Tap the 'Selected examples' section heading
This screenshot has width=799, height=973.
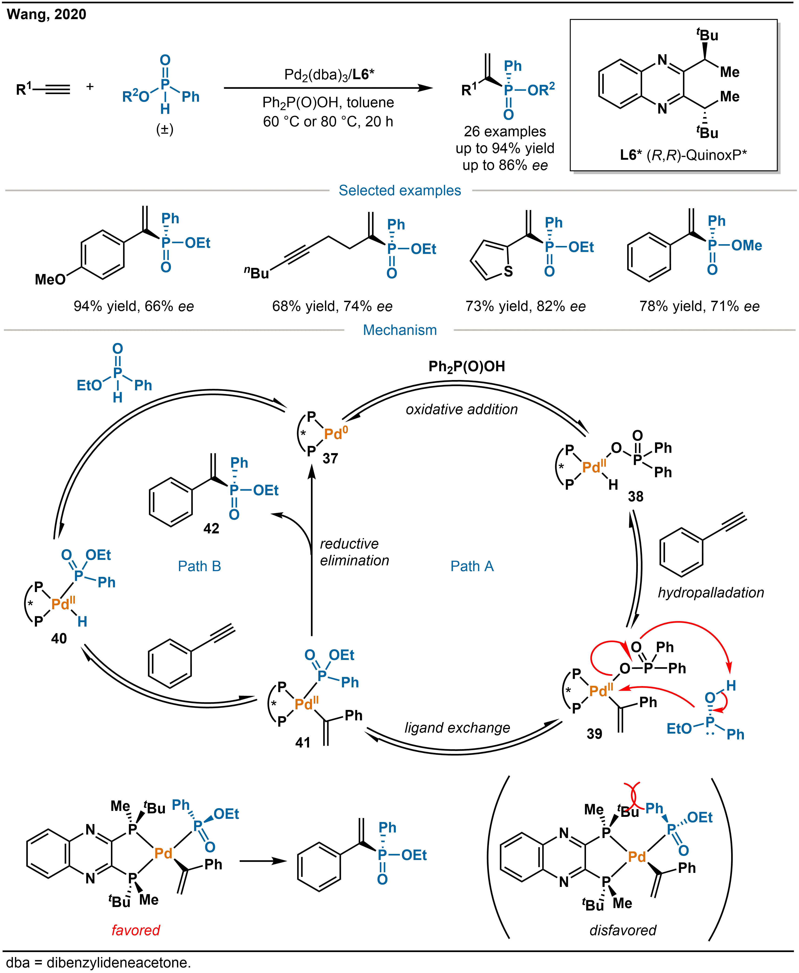399,190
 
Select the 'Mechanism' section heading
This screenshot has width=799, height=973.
399,330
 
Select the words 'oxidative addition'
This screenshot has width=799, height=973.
462,409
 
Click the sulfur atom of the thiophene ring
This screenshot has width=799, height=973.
508,272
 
